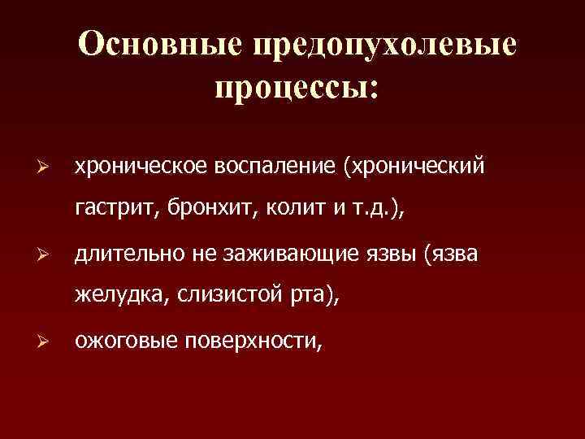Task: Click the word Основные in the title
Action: (158, 46)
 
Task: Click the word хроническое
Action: (143, 167)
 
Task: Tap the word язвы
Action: (394, 256)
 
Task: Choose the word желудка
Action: (119, 298)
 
